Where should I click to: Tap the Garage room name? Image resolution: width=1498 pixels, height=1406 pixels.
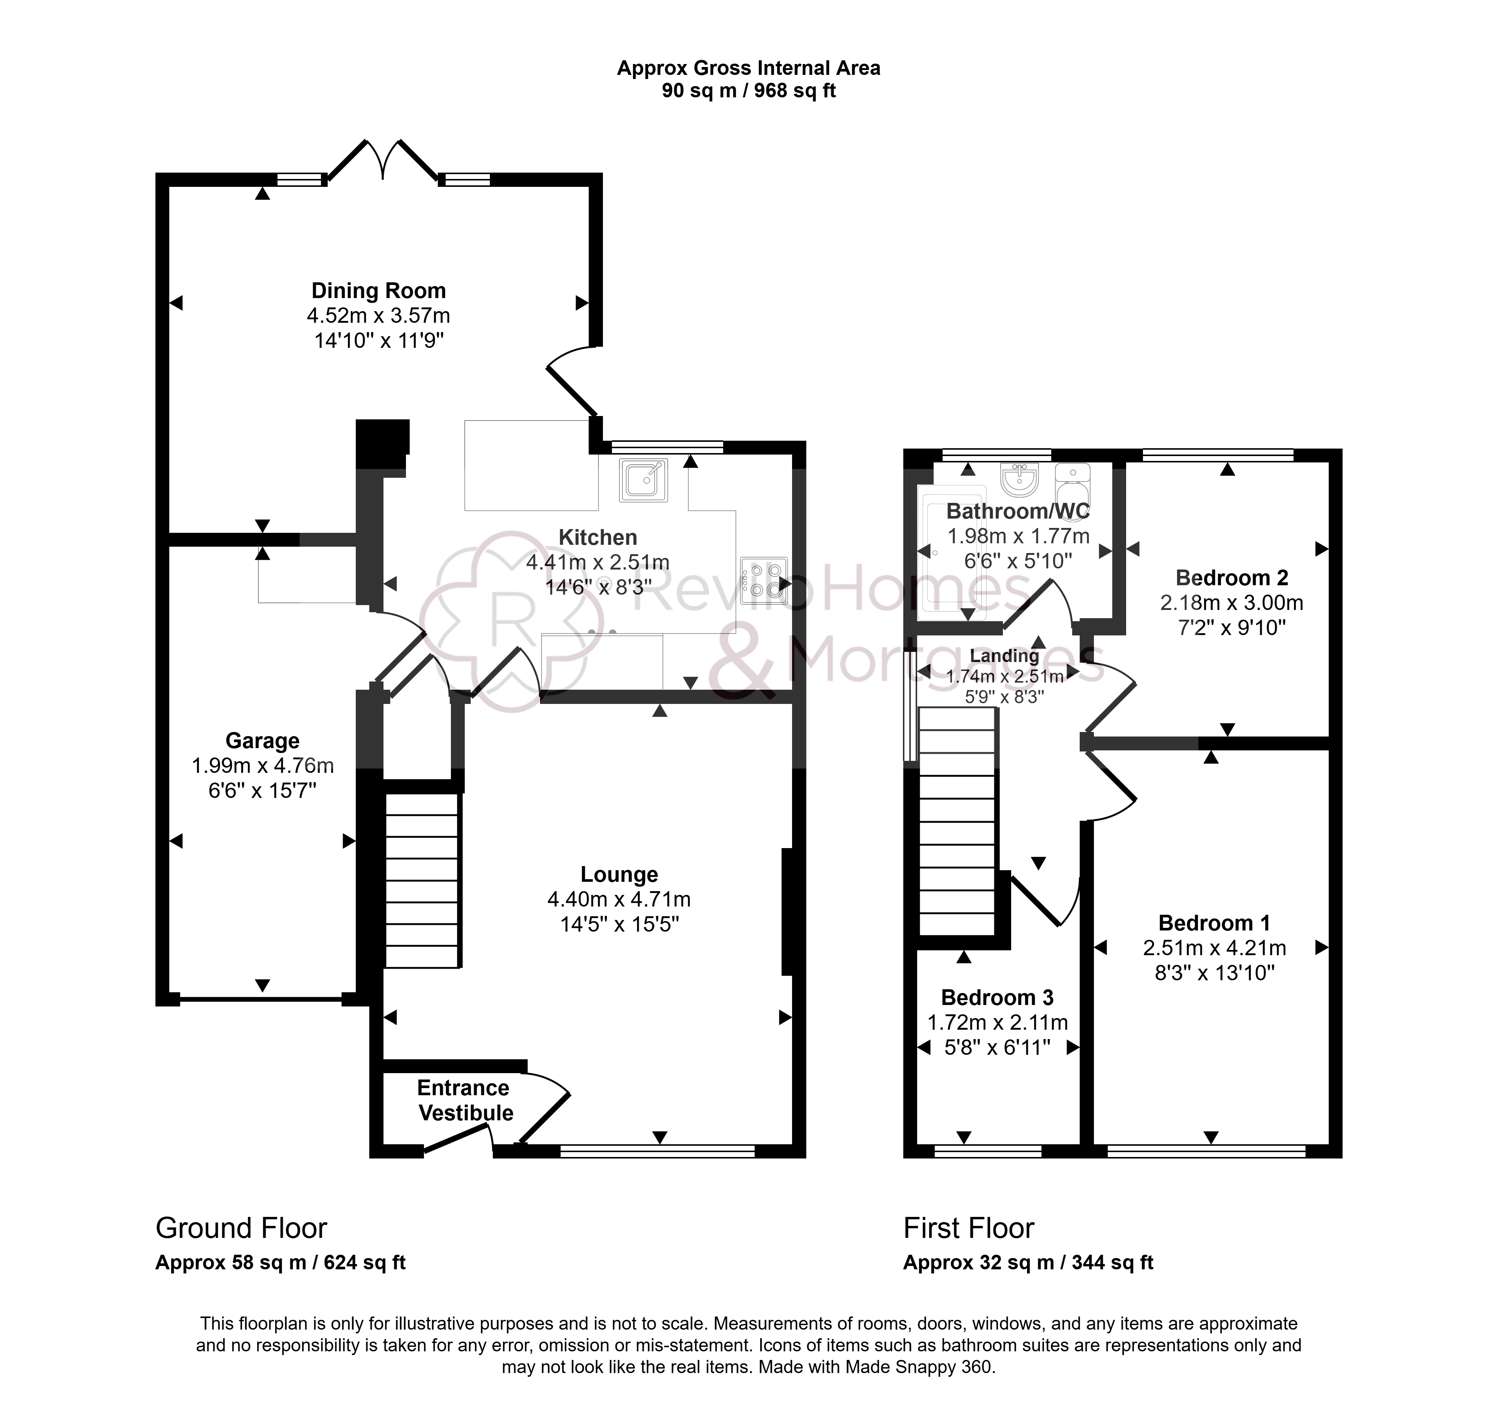tap(262, 741)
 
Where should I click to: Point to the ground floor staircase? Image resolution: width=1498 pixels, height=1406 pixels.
tap(422, 880)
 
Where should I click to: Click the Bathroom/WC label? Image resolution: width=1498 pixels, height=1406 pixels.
tap(1018, 511)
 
